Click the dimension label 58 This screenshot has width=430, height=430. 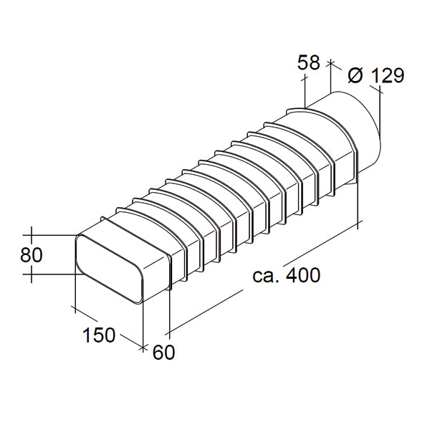(309, 63)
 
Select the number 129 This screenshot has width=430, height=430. (388, 75)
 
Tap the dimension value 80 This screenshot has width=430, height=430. (32, 254)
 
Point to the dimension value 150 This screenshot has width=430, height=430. (99, 335)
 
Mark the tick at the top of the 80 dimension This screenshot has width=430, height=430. (32, 234)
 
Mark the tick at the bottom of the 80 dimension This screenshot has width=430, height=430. (32, 274)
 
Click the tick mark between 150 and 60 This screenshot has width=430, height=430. (143, 348)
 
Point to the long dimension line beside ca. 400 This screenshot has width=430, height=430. (265, 279)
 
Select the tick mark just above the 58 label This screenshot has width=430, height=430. (330, 63)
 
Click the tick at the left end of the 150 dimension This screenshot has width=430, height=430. (75, 309)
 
